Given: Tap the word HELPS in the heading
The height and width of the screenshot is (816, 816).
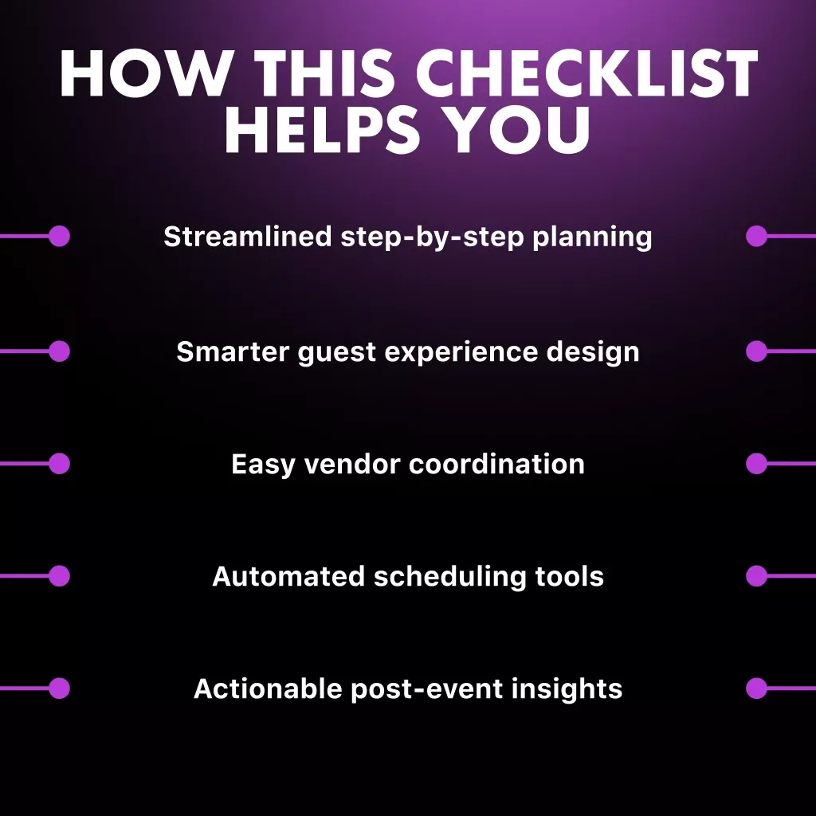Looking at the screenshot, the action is tap(322, 129).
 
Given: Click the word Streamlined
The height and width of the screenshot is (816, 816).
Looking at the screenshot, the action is tap(248, 236).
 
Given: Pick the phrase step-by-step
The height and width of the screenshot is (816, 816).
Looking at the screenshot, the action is tap(432, 237).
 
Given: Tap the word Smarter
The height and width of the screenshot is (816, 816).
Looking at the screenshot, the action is tap(233, 351).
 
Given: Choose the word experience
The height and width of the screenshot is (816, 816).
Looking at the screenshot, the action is tap(461, 352).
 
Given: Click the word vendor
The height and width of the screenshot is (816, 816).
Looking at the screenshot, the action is tap(352, 464).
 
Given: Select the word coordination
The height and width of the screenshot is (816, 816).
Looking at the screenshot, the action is tap(496, 464).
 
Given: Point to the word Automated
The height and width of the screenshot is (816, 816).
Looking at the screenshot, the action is tap(288, 577).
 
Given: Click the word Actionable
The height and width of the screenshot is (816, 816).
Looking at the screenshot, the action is tap(268, 688).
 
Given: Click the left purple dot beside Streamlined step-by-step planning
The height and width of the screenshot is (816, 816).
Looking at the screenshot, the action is tap(59, 236).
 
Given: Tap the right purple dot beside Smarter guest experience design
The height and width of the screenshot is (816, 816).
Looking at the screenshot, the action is tap(756, 351).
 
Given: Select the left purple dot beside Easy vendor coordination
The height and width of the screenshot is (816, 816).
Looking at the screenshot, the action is tap(59, 464).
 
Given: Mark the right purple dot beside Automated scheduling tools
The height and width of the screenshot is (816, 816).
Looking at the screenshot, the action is tap(756, 576).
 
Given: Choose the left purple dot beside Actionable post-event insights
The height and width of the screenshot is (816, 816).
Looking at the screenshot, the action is tap(59, 688).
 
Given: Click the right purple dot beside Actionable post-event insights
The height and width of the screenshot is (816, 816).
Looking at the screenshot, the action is tap(756, 688).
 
